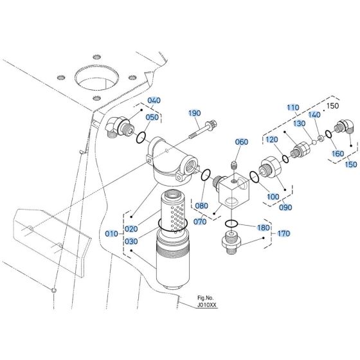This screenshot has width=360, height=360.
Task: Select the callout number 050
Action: coord(152,117)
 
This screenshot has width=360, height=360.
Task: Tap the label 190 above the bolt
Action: coord(194,114)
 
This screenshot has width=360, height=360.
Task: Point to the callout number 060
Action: coord(242,142)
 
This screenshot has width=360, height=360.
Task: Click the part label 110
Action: coord(293,107)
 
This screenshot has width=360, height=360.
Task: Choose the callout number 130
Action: coord(300,123)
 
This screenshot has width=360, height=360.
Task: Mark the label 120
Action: coord(272,139)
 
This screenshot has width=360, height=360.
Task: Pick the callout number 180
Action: coord(264,228)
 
